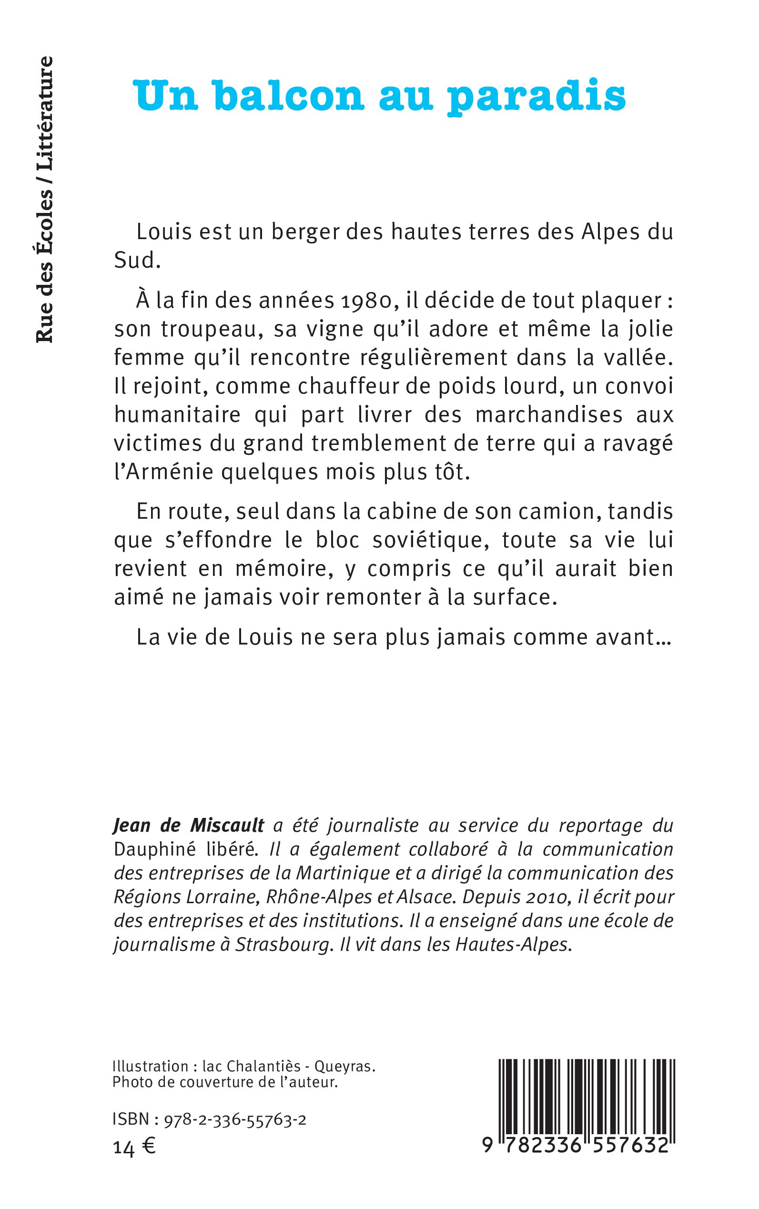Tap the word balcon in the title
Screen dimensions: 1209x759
point(289,95)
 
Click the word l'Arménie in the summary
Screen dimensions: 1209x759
point(163,473)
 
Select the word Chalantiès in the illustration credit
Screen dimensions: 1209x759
point(261,1067)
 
